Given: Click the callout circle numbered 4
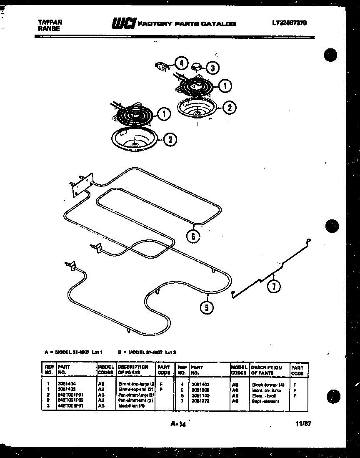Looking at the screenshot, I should (180, 63).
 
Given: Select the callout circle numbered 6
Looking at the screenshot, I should (193, 237).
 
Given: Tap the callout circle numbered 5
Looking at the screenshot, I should (207, 308).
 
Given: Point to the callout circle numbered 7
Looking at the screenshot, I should (274, 287).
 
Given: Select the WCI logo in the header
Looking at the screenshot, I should (123, 24).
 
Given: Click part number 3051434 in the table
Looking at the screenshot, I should (67, 383).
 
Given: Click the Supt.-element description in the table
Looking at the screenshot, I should (265, 401).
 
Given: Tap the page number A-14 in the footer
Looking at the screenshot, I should (178, 425).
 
